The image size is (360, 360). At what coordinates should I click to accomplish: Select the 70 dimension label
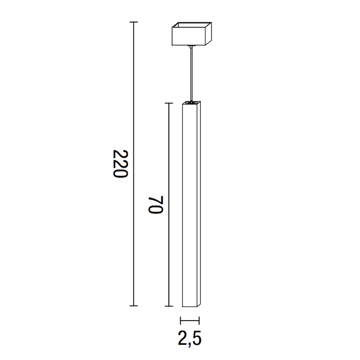(155, 205)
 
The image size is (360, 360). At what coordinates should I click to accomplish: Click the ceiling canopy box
(192, 34)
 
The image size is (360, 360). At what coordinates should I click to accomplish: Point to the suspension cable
(192, 73)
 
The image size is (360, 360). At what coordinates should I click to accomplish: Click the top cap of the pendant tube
(192, 103)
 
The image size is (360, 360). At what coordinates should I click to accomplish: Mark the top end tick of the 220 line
(133, 22)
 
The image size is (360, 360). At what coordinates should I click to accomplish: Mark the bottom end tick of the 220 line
(133, 305)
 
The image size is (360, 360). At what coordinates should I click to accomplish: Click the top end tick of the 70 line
(168, 103)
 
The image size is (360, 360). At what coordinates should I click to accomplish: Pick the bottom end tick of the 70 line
(168, 306)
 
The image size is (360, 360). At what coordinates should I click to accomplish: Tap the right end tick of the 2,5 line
(200, 321)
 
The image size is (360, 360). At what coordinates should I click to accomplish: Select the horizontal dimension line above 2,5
(191, 321)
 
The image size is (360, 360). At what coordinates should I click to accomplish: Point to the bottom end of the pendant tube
(191, 306)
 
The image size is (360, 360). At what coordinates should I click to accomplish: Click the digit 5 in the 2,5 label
(199, 339)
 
